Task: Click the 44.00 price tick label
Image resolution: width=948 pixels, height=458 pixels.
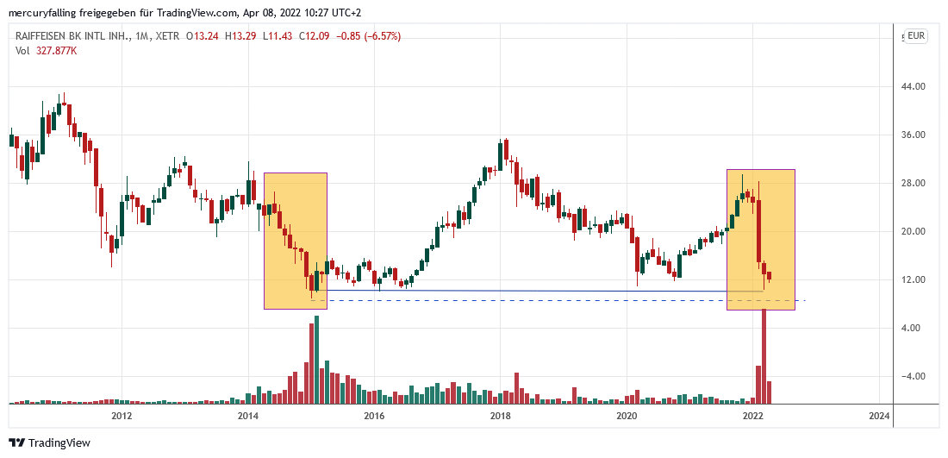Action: [x=914, y=87]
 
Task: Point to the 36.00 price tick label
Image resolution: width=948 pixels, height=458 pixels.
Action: [x=914, y=135]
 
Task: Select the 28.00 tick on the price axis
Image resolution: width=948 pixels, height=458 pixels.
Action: [x=914, y=184]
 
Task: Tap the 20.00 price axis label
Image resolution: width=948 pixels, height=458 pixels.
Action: [x=914, y=232]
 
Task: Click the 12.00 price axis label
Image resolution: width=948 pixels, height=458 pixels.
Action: [x=914, y=280]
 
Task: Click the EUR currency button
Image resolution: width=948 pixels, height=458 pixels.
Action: [x=915, y=36]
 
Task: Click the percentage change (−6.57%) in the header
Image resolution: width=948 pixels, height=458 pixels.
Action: [x=377, y=36]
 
